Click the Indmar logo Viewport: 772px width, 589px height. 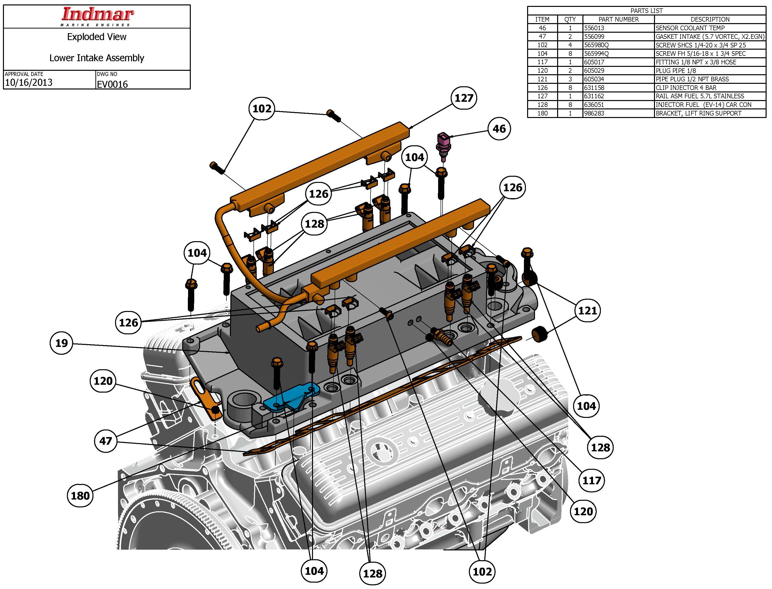(x=97, y=16)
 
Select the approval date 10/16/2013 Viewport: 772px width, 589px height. (x=29, y=82)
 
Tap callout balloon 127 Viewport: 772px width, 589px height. (x=464, y=98)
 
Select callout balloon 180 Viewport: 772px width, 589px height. (x=80, y=495)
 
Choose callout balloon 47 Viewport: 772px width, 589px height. (x=106, y=441)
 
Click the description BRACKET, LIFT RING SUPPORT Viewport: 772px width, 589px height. (x=698, y=113)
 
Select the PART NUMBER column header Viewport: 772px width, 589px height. (x=618, y=19)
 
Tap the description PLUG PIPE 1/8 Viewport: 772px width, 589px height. (x=676, y=71)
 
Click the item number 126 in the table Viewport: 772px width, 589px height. (x=542, y=88)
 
